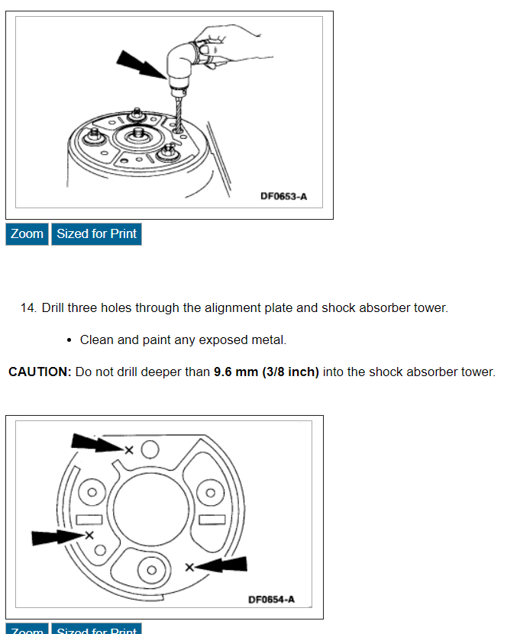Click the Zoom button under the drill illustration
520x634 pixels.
pyautogui.click(x=27, y=234)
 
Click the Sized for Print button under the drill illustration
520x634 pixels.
pyautogui.click(x=96, y=234)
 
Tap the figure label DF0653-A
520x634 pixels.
pyautogui.click(x=283, y=196)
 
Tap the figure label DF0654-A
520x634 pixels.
pyautogui.click(x=271, y=600)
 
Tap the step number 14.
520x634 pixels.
pyautogui.click(x=29, y=308)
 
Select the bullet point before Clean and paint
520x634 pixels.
pyautogui.click(x=69, y=340)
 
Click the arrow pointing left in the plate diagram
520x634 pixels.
pyautogui.click(x=225, y=565)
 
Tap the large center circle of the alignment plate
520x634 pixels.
pyautogui.click(x=151, y=510)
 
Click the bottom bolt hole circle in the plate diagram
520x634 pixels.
pyautogui.click(x=151, y=570)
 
